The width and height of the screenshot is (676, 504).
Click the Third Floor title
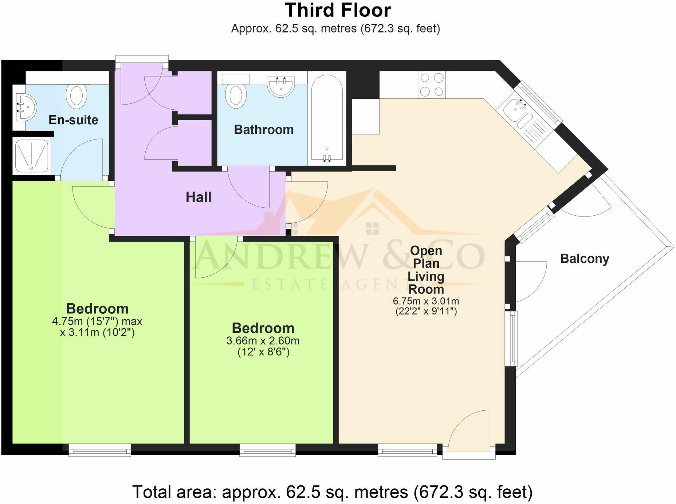tap(338, 10)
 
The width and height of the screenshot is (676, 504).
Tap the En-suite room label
tap(73, 120)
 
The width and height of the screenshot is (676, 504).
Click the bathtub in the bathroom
tap(327, 118)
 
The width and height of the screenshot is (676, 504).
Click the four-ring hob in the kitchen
tap(432, 85)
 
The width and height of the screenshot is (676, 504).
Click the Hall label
tap(199, 197)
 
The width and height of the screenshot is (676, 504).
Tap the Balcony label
tap(584, 259)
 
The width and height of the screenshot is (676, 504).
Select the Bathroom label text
tap(264, 130)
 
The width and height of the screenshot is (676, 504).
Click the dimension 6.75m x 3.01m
tap(426, 301)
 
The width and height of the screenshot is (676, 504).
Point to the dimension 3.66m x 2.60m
tap(263, 341)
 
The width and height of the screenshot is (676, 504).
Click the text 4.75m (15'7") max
tap(97, 321)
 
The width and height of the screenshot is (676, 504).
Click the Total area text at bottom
tap(332, 492)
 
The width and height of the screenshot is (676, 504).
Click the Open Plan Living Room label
tap(426, 270)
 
